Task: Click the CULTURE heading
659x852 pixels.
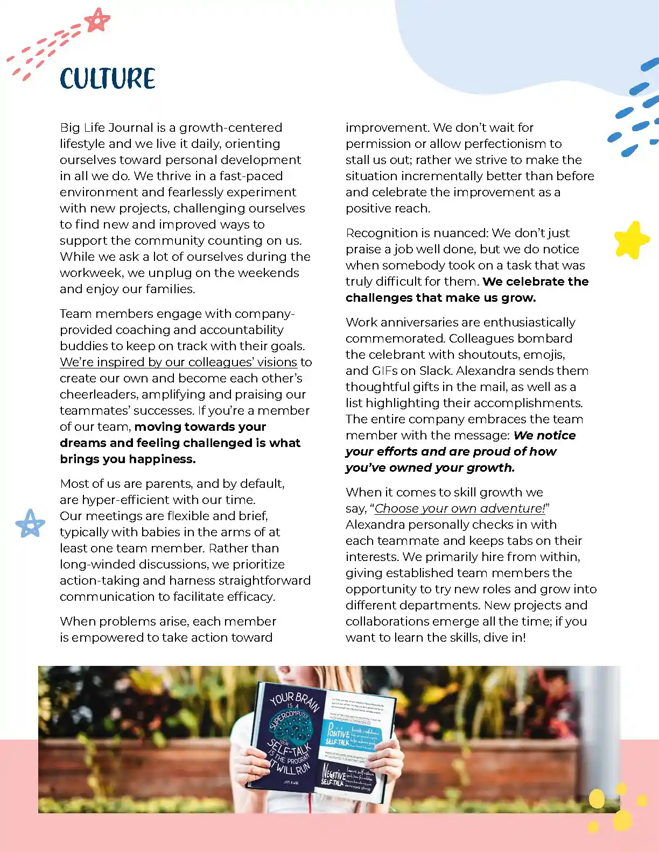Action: pyautogui.click(x=108, y=79)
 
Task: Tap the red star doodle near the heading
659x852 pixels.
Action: pyautogui.click(x=97, y=21)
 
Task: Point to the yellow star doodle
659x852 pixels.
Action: pyautogui.click(x=631, y=239)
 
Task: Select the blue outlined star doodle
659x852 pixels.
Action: pyautogui.click(x=30, y=523)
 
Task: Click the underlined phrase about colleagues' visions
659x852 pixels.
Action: pyautogui.click(x=178, y=362)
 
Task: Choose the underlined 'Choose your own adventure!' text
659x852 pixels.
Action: pyautogui.click(x=460, y=508)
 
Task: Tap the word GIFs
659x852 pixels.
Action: pyautogui.click(x=385, y=371)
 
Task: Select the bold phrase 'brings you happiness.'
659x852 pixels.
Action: pyautogui.click(x=128, y=459)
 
